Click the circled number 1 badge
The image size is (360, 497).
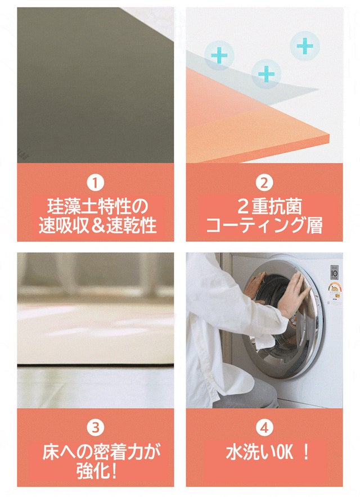click(96, 183)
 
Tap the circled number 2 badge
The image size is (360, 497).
click(264, 183)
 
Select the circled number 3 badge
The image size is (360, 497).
click(96, 428)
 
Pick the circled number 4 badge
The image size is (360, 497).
click(264, 428)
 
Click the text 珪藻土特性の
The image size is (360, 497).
click(97, 207)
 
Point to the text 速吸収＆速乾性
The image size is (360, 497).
click(97, 225)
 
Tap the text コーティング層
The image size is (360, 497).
click(264, 225)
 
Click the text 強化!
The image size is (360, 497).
click(97, 471)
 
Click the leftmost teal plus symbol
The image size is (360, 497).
click(219, 55)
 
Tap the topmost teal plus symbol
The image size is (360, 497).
click(305, 46)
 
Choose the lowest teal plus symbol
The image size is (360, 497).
click(267, 74)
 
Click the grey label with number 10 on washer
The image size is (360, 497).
click(334, 272)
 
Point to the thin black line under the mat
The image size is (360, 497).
click(96, 366)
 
